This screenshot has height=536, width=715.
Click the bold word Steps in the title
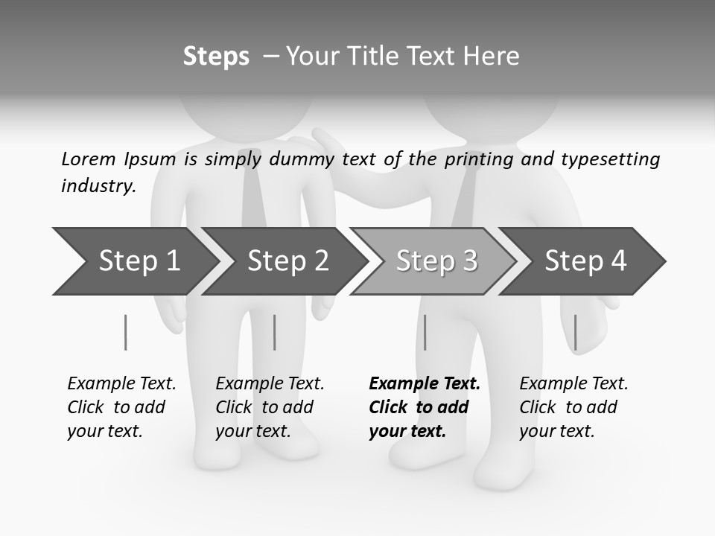tap(216, 56)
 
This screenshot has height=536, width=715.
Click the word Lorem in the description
tap(89, 159)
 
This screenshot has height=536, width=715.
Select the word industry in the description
tap(98, 185)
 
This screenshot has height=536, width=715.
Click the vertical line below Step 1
tap(125, 332)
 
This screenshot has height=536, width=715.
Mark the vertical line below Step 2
tap(274, 332)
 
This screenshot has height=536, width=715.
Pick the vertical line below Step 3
tap(425, 332)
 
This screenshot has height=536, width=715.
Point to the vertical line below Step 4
tap(575, 332)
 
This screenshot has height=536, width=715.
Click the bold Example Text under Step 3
tap(425, 383)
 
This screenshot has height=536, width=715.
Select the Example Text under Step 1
tap(121, 383)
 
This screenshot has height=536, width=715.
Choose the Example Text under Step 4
tap(573, 383)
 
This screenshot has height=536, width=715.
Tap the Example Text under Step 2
tap(270, 383)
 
